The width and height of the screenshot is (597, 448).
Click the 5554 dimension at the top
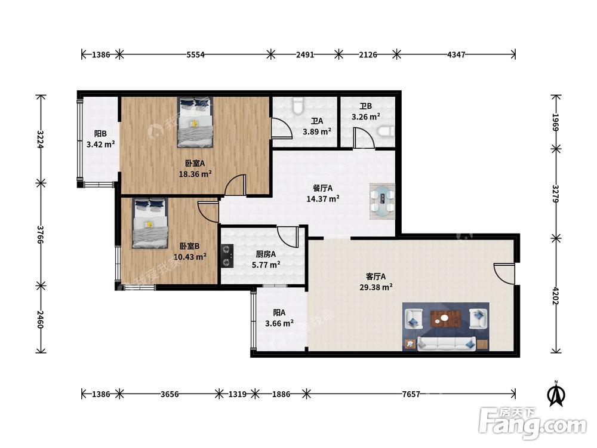coord(195,54)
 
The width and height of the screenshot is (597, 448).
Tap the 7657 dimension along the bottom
coord(411,394)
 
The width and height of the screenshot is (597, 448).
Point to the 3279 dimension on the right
coord(555,194)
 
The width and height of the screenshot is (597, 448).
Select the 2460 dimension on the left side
coord(41,319)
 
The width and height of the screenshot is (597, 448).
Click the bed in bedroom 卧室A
coord(195,122)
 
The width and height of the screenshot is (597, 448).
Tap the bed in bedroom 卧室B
coord(150,223)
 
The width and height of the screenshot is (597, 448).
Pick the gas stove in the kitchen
coord(227,256)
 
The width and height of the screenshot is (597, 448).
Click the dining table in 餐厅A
coord(382,201)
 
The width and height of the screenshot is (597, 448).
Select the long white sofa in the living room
coord(446,343)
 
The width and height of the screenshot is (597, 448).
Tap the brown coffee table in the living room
coord(445,319)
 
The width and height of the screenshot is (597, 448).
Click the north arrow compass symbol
coord(556,394)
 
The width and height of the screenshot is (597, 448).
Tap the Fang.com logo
coord(533,424)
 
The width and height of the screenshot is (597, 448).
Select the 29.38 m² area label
coord(376,287)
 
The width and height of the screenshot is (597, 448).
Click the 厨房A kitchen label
coord(266,254)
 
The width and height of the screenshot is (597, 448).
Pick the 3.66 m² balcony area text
coord(279,323)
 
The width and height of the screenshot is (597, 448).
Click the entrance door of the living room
coord(503,273)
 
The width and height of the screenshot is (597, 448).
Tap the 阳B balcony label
coord(100,134)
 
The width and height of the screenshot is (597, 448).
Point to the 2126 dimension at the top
coord(368,54)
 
